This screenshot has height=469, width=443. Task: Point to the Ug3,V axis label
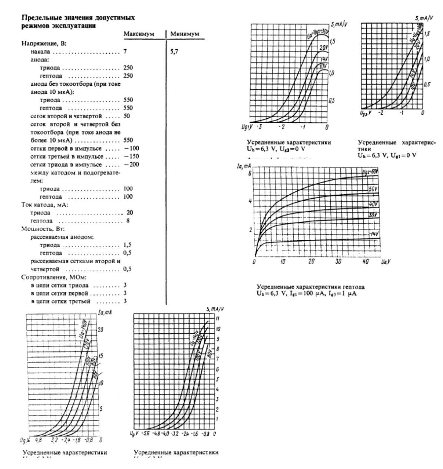[363, 112]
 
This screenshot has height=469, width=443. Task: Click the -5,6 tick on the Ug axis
[146, 433]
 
